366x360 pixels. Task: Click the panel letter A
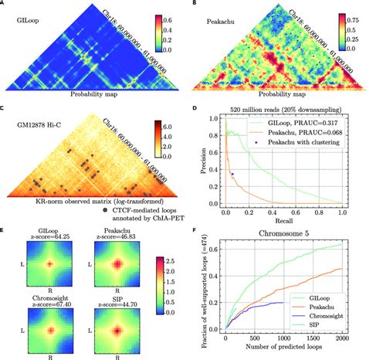pos(5,5)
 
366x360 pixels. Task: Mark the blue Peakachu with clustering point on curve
pos(232,175)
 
